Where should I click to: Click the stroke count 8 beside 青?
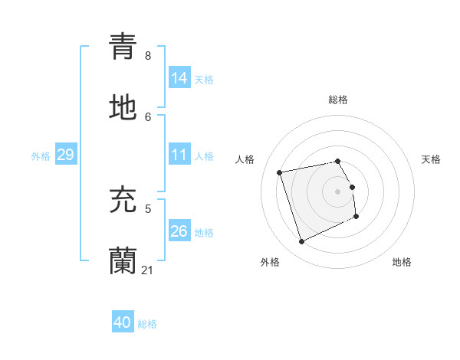pyautogui.click(x=148, y=56)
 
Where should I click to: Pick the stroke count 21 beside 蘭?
pyautogui.click(x=148, y=270)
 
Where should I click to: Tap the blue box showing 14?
pyautogui.click(x=179, y=78)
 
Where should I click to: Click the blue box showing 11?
pyautogui.click(x=179, y=155)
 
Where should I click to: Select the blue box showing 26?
pyautogui.click(x=179, y=231)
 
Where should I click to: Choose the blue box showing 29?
pyautogui.click(x=65, y=155)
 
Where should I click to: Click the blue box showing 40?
pyautogui.click(x=123, y=323)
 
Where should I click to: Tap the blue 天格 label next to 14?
pyautogui.click(x=204, y=80)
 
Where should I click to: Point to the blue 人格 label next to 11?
pyautogui.click(x=204, y=156)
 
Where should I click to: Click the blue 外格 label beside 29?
pyautogui.click(x=41, y=156)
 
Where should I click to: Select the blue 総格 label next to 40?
pyautogui.click(x=147, y=325)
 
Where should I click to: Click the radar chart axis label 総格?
pyautogui.click(x=338, y=100)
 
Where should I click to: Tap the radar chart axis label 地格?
pyautogui.click(x=402, y=262)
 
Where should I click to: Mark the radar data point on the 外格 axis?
pyautogui.click(x=301, y=242)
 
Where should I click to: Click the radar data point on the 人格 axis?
pyautogui.click(x=280, y=172)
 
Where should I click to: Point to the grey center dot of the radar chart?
pyautogui.click(x=338, y=191)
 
